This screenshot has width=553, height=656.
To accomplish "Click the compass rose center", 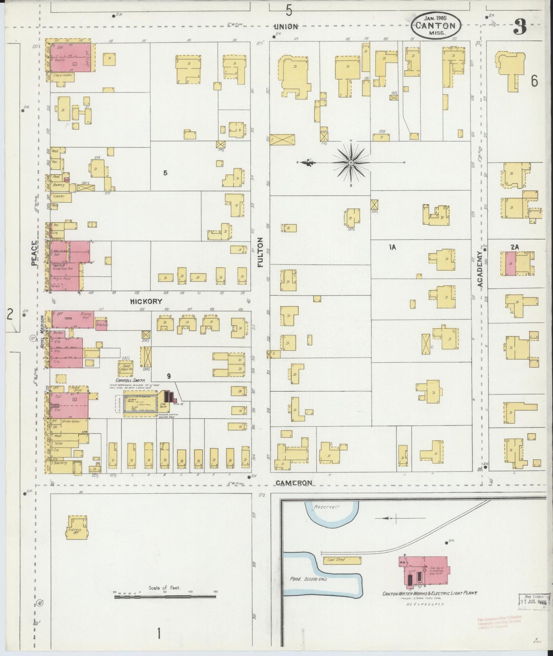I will [351, 163].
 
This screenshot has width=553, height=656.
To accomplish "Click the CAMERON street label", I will [294, 483].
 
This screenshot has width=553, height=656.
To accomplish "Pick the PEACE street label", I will [34, 253].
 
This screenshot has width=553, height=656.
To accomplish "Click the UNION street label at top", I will [286, 26].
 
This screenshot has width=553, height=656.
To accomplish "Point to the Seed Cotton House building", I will [125, 368].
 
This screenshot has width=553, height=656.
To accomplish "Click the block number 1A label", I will [392, 247].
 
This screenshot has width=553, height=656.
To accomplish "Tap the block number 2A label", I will [514, 247].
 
